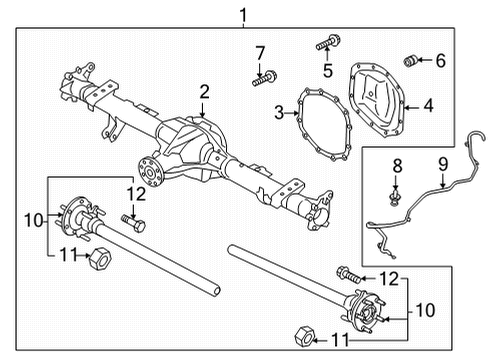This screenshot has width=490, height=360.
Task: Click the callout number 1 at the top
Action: [x=242, y=13]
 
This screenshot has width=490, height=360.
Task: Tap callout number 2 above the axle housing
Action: [x=204, y=92]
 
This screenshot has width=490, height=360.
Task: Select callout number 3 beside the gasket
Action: [x=279, y=111]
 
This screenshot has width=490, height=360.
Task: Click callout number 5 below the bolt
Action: [x=326, y=69]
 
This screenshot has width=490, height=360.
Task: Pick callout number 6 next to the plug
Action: [x=441, y=60]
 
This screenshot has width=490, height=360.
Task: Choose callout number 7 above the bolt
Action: [x=259, y=52]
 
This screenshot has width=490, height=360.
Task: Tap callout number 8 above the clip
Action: [x=396, y=164]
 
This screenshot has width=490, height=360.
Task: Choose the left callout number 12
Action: [x=136, y=193]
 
